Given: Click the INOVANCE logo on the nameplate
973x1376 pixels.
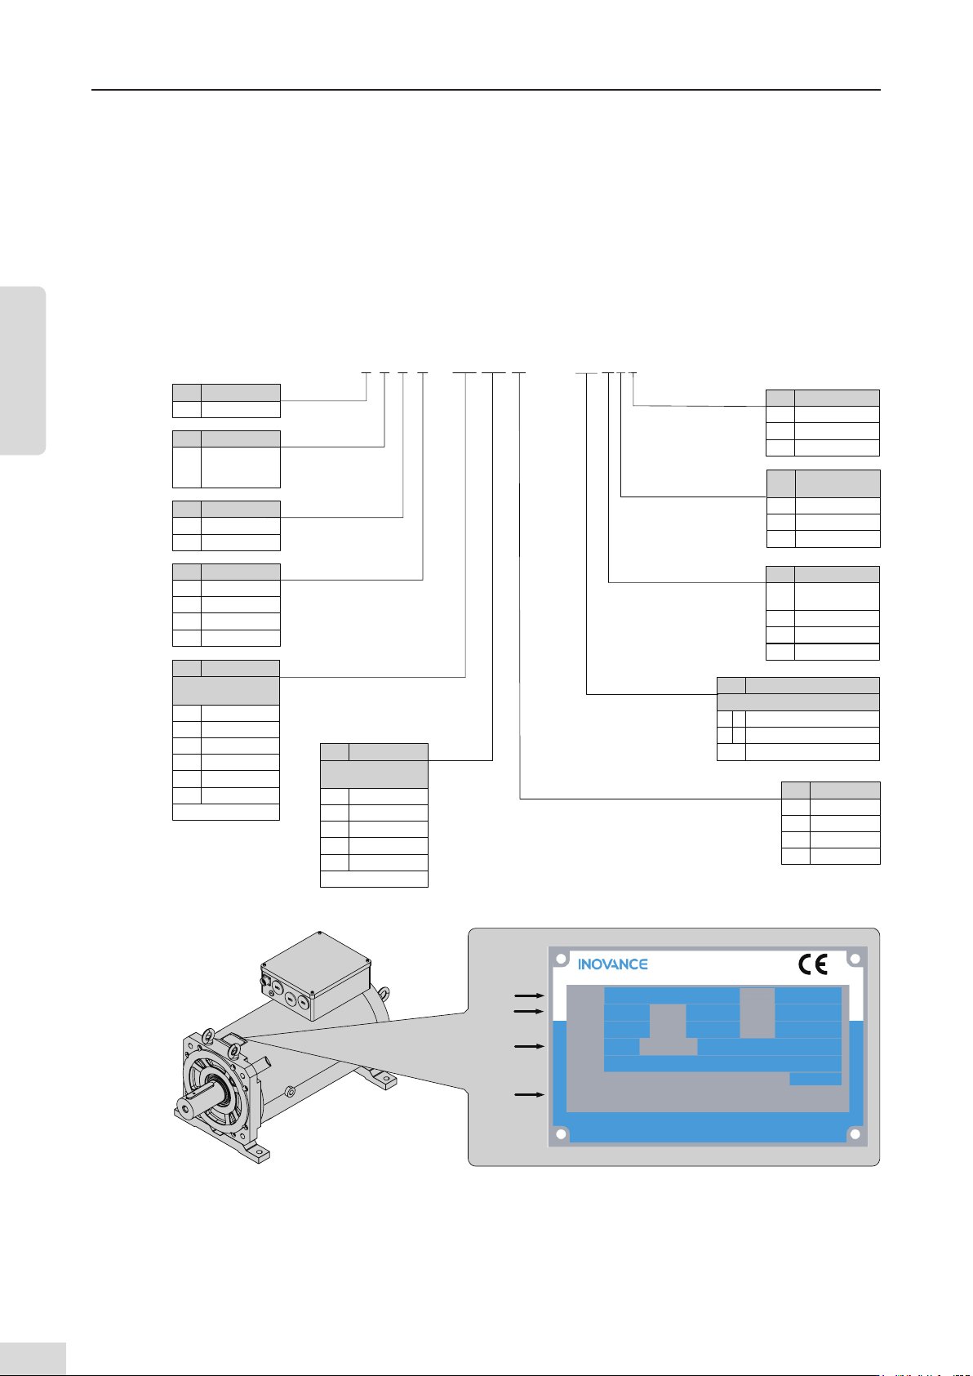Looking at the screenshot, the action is (613, 964).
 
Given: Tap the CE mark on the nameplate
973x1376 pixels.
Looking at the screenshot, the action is (813, 964).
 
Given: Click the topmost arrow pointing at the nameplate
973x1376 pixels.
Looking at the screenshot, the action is (529, 995).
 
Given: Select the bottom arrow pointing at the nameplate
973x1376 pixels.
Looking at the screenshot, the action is (529, 1094).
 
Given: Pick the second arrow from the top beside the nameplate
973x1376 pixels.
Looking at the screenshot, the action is (529, 1011).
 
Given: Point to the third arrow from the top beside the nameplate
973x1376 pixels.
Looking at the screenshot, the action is (529, 1046).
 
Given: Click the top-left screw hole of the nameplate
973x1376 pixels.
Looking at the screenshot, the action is (561, 959).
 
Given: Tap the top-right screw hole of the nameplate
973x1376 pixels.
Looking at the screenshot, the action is (855, 959).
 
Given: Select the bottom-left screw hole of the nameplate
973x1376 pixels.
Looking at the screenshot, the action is (561, 1134).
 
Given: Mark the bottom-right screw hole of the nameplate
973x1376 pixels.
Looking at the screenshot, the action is (855, 1134).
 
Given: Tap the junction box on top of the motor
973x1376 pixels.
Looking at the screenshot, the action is (317, 976).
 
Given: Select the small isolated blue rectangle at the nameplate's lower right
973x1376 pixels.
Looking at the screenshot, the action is (815, 1079).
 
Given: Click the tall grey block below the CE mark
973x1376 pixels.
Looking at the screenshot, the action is (757, 1013).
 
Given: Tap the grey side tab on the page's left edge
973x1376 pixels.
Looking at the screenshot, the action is (23, 371).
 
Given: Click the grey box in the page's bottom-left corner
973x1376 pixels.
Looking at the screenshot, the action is (33, 1358).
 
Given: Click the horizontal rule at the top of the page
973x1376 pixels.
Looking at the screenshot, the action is (486, 90).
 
